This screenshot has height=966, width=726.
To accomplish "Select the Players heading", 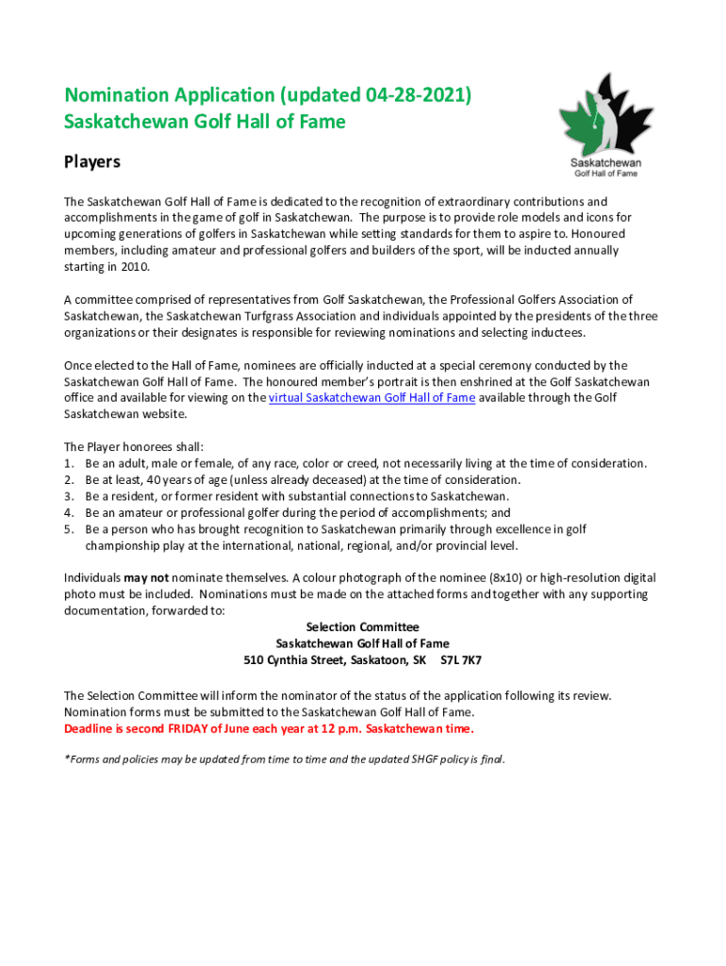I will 92,161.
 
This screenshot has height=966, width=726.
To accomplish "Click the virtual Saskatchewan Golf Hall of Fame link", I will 371,398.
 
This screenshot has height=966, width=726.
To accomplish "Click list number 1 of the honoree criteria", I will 68,463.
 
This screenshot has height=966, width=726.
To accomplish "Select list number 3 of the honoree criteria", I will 68,496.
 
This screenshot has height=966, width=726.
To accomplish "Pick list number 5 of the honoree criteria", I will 68,529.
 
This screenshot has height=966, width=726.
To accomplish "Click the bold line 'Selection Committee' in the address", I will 363,627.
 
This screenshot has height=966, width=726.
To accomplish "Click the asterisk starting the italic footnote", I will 66,758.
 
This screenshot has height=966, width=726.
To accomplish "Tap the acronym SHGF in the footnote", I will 421,759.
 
